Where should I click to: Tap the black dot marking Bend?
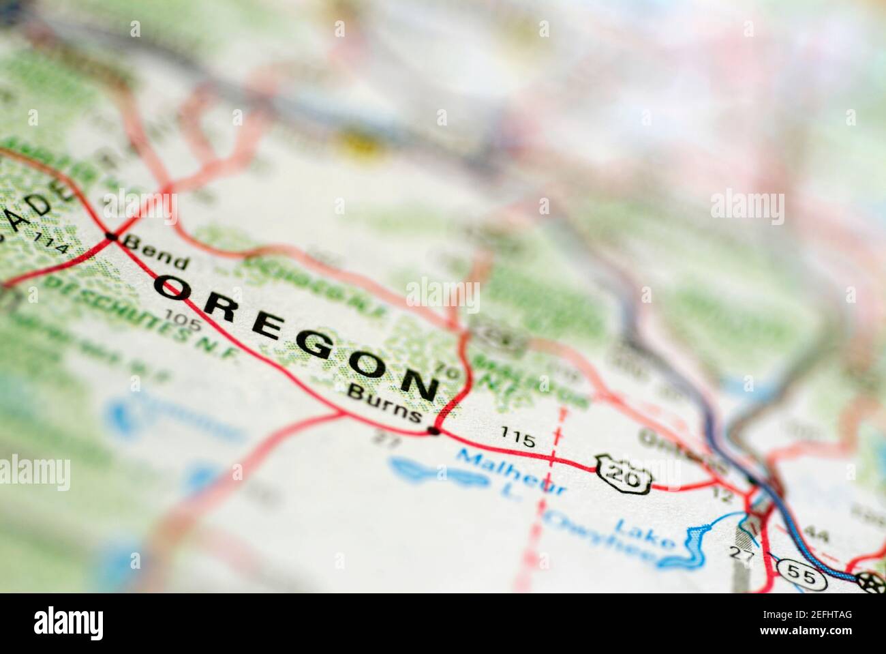111,237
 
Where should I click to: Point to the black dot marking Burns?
433,430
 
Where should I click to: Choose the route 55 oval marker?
804,576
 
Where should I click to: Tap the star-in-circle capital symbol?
869,581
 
